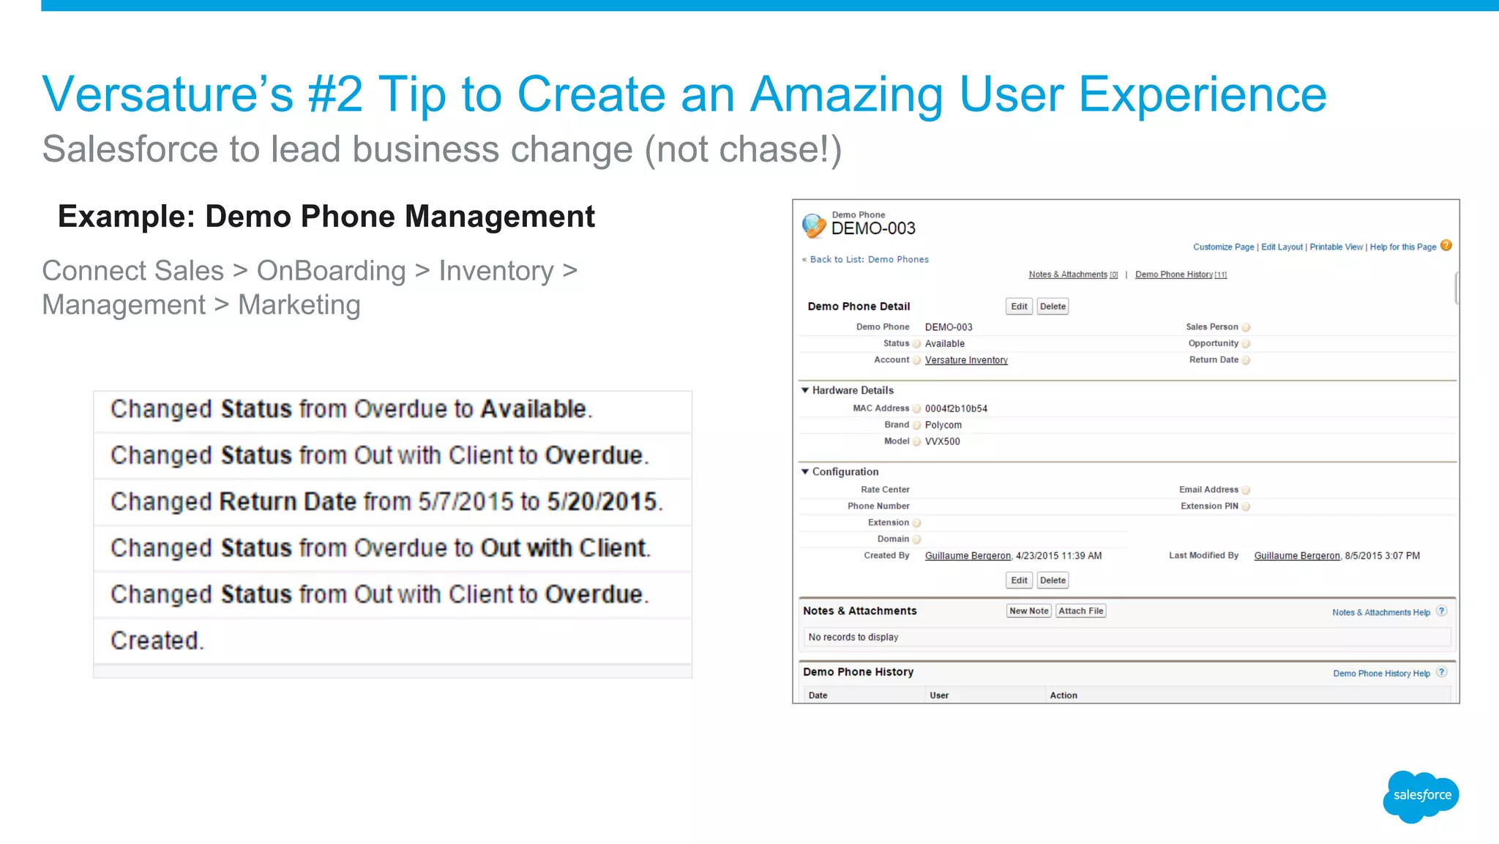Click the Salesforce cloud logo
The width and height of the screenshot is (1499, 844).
pyautogui.click(x=1421, y=796)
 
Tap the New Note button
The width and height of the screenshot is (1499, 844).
pyautogui.click(x=1028, y=611)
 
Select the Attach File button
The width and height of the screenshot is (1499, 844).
pyautogui.click(x=1080, y=611)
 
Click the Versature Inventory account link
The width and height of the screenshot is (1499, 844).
pyautogui.click(x=966, y=360)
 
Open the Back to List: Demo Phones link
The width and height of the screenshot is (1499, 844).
pyautogui.click(x=869, y=260)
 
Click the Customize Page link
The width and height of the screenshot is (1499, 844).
pyautogui.click(x=1223, y=247)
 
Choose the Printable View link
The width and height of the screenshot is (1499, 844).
pyautogui.click(x=1336, y=247)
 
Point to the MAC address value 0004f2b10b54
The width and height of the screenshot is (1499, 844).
pyautogui.click(x=956, y=408)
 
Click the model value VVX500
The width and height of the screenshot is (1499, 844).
pyautogui.click(x=942, y=441)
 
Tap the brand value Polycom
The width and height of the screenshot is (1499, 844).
pyautogui.click(x=943, y=425)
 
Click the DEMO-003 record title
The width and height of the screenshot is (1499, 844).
pyautogui.click(x=873, y=229)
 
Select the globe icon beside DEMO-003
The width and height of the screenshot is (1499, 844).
pyautogui.click(x=814, y=225)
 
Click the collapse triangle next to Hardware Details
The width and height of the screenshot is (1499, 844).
pyautogui.click(x=805, y=390)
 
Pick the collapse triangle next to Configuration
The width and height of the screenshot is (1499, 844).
pyautogui.click(x=805, y=471)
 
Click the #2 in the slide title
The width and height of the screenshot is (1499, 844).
pyautogui.click(x=334, y=95)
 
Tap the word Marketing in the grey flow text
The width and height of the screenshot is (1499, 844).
pyautogui.click(x=299, y=305)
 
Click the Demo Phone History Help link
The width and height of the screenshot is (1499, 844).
pyautogui.click(x=1381, y=673)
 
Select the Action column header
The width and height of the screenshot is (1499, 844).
pyautogui.click(x=1063, y=695)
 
